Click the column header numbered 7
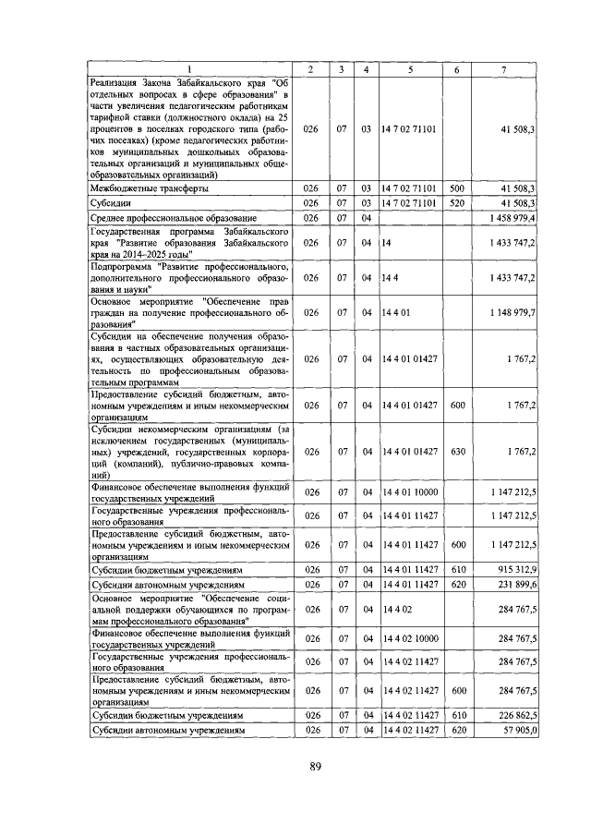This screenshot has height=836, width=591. (503, 70)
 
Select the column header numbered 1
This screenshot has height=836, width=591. (192, 70)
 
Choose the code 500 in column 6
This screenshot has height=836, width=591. (455, 188)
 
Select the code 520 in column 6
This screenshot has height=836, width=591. (455, 202)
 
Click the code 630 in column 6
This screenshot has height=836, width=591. (455, 452)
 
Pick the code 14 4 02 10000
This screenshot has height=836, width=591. (411, 638)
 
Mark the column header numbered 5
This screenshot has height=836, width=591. (410, 70)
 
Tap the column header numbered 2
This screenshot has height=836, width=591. (310, 70)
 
